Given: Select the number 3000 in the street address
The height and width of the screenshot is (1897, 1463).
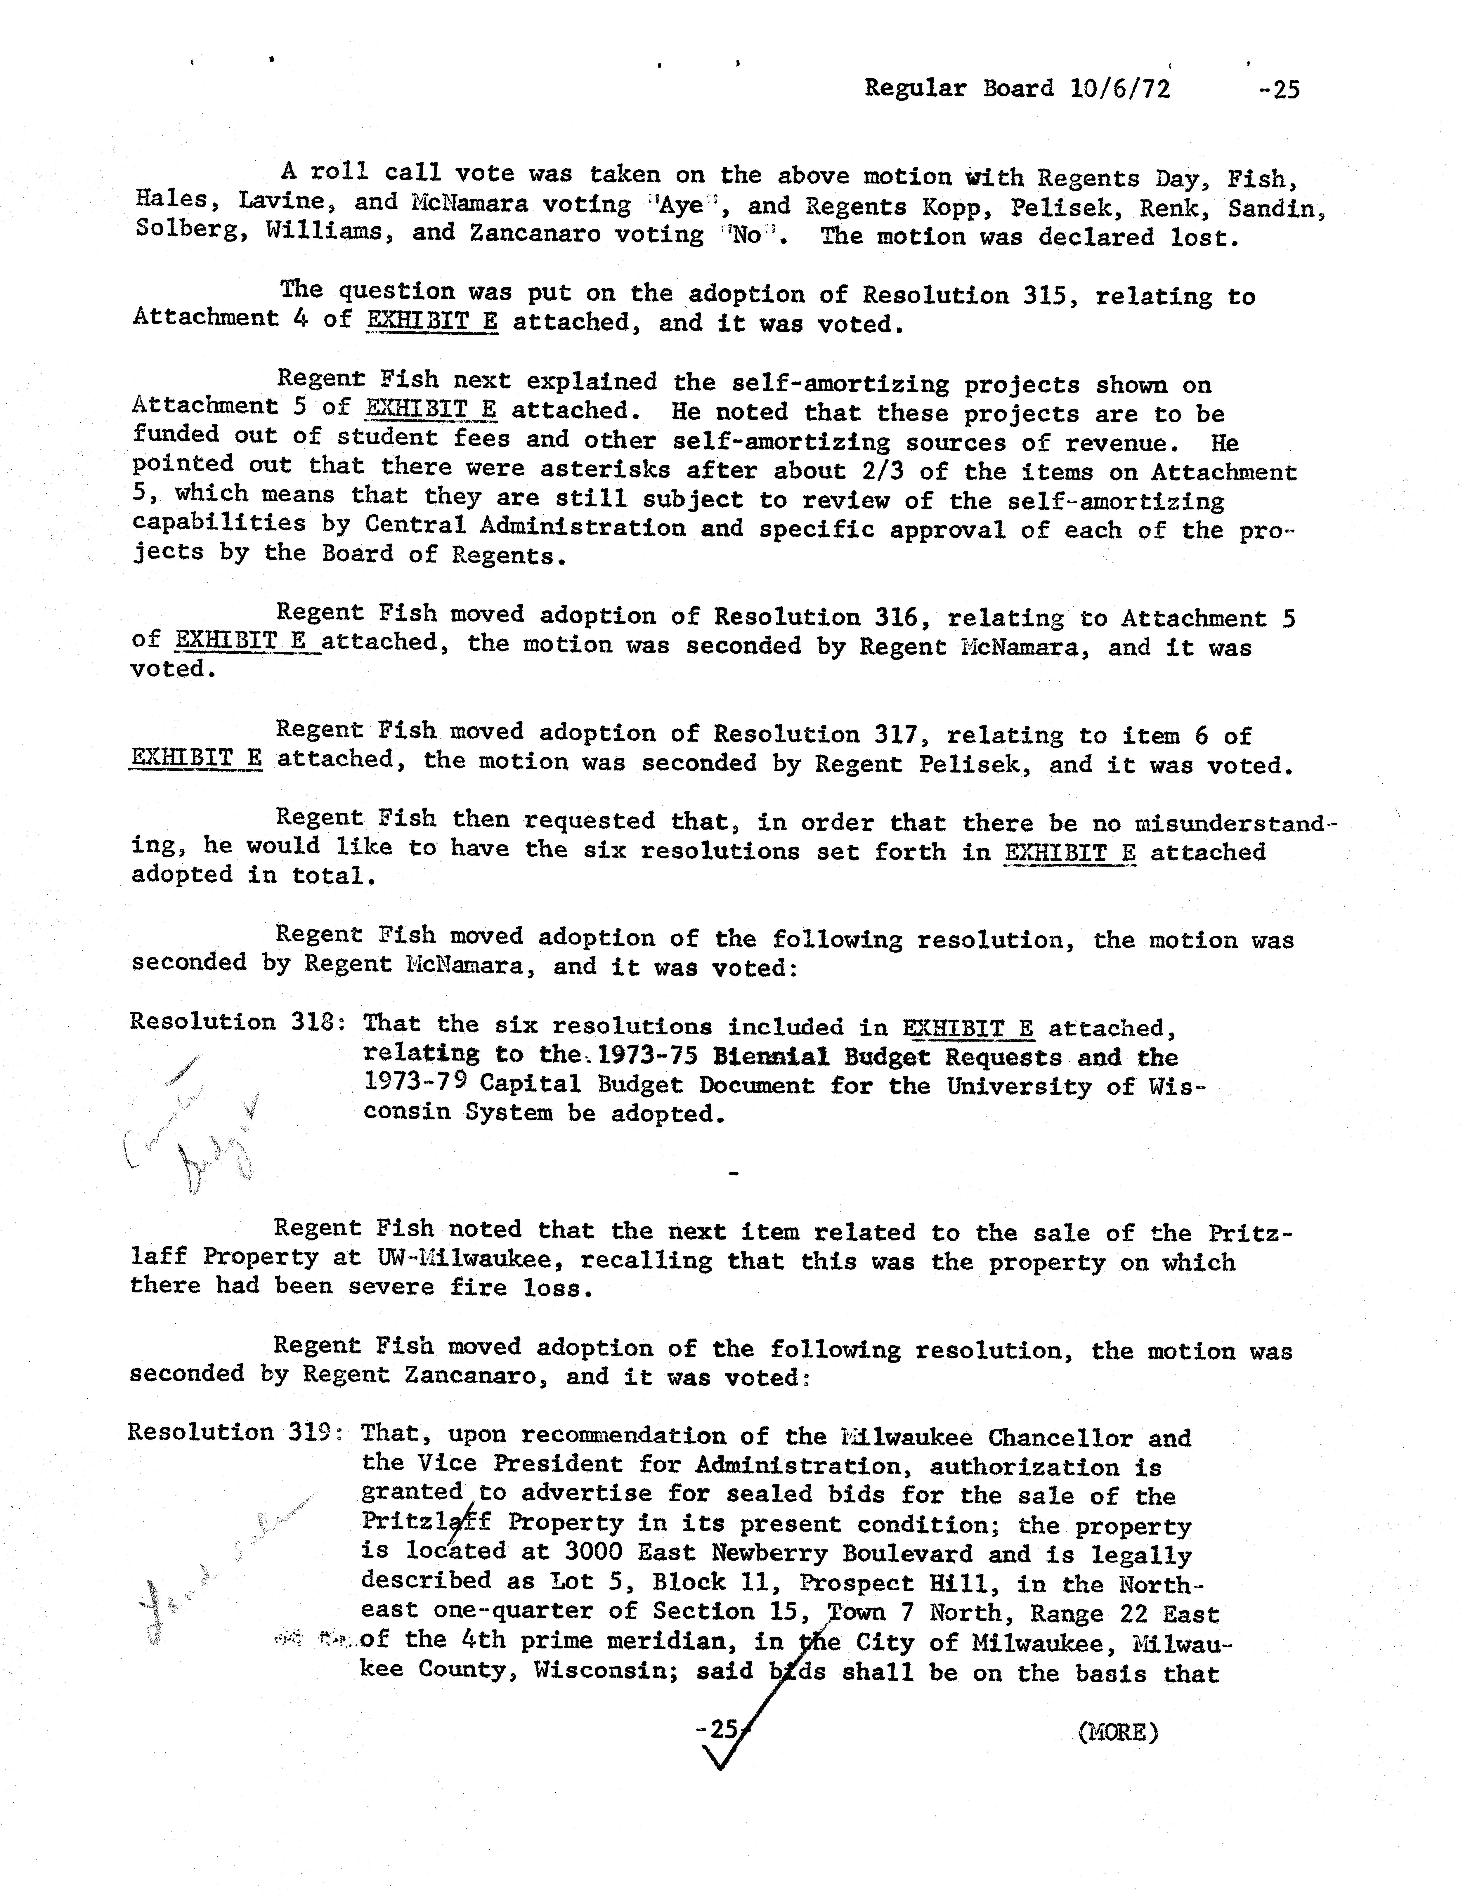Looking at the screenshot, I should (x=593, y=1552).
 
